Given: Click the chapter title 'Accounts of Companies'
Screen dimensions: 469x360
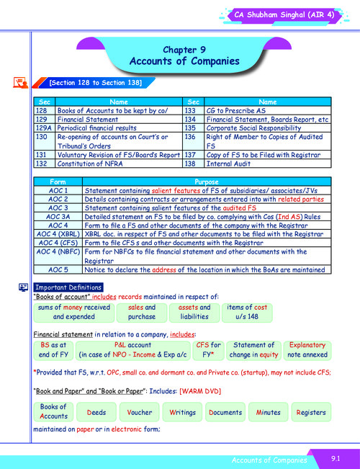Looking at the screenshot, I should (184, 61).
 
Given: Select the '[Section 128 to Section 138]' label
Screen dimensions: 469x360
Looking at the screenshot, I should (95, 84).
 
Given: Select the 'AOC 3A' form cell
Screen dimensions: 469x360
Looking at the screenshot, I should (57, 216).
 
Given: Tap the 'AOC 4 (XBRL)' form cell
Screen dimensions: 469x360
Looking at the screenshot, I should (57, 234).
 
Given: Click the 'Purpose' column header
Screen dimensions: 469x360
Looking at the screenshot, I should (205, 181).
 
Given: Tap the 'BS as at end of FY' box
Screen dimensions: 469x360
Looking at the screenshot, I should (53, 349).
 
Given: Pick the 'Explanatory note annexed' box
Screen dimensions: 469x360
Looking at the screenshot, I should (306, 349).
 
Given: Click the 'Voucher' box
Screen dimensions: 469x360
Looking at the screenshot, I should (139, 412).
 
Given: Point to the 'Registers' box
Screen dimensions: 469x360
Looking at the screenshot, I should (311, 412).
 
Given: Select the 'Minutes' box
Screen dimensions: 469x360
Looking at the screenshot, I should (268, 412).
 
